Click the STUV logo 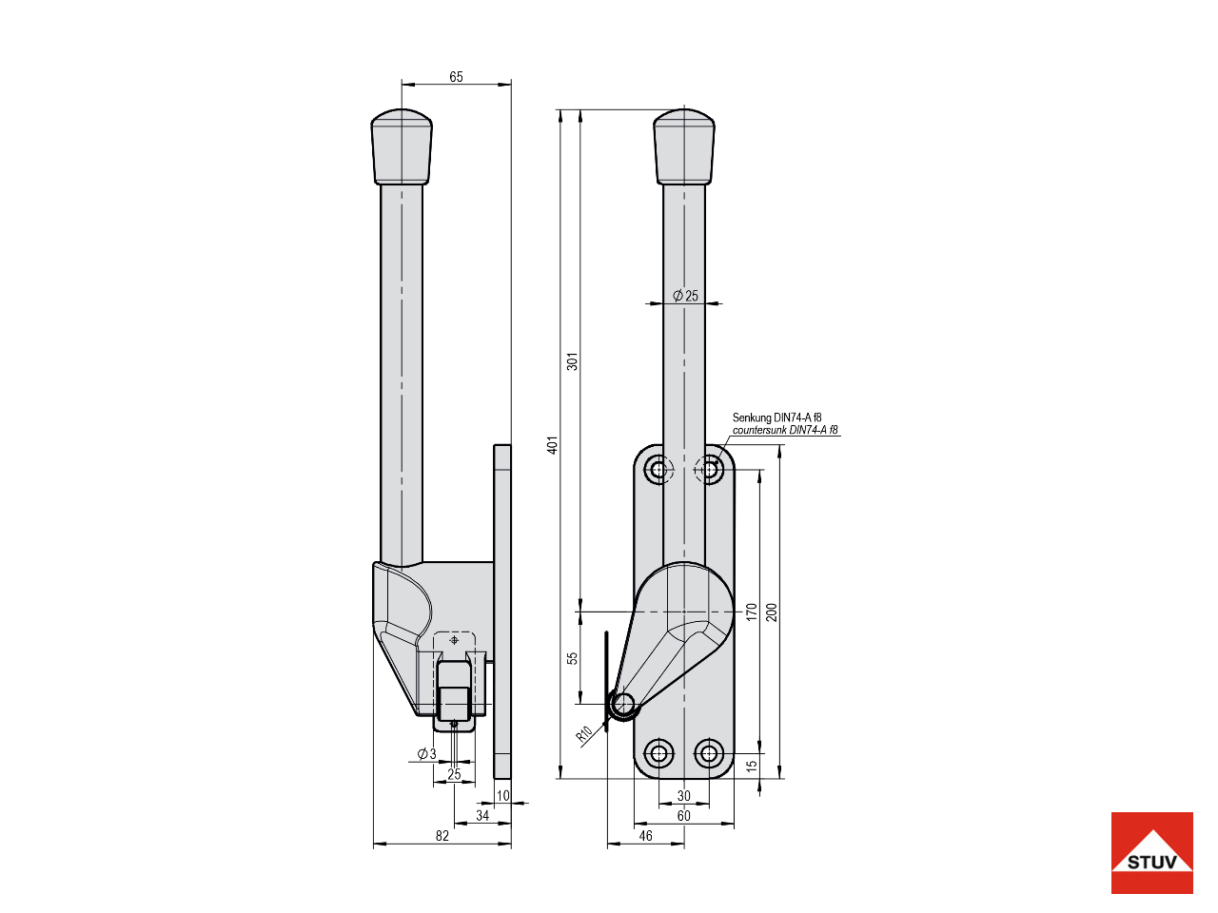pos(1151,853)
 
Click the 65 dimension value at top pos(456,77)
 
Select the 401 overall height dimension pos(553,444)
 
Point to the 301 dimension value pos(573,361)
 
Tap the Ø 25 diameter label pos(685,296)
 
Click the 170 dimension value pos(752,612)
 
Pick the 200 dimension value pos(772,612)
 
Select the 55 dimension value pos(573,658)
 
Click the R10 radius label pos(584,733)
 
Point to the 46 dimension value pos(646,836)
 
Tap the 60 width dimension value pos(683,816)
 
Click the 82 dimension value pos(442,836)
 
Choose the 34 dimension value pos(482,816)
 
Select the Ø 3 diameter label pos(426,754)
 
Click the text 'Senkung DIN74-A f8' pos(776,418)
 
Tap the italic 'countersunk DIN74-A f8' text pos(785,430)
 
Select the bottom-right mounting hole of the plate pos(709,754)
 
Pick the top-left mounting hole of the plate pos(658,469)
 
